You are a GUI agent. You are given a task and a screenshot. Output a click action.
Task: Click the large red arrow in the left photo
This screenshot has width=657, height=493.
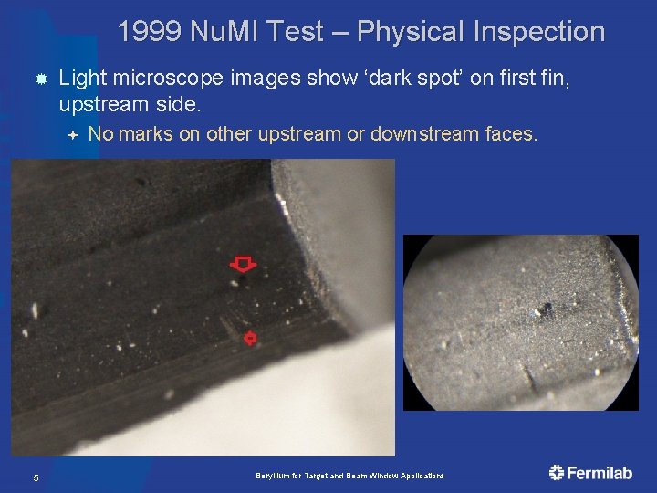tap(242, 265)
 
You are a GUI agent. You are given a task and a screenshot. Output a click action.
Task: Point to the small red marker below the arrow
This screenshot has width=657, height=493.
tap(249, 338)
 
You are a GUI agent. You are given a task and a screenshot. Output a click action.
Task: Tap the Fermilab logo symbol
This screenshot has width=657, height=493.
tap(557, 472)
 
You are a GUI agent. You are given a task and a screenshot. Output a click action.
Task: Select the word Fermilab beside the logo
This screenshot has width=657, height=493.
tap(600, 473)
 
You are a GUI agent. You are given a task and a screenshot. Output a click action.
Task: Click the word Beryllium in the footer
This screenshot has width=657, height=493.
tap(271, 477)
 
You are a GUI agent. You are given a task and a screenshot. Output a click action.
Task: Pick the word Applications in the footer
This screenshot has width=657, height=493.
tap(422, 477)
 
